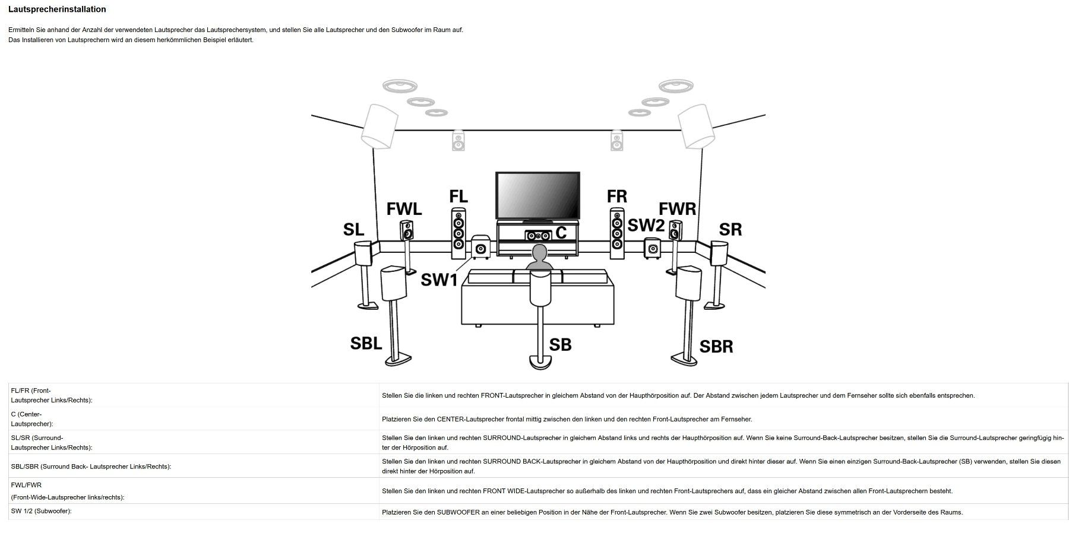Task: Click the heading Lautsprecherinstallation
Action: [x=57, y=9]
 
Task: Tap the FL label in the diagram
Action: [x=458, y=196]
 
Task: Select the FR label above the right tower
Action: [x=617, y=196]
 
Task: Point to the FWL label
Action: [x=404, y=209]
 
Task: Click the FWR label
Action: [x=678, y=209]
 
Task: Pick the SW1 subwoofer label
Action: [x=439, y=280]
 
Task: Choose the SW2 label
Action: [x=646, y=226]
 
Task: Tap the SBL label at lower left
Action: [x=366, y=343]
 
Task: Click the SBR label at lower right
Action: [x=716, y=347]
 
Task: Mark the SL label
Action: [x=353, y=230]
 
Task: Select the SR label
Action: [x=730, y=230]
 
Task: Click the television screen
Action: [x=538, y=195]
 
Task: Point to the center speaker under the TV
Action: [x=538, y=236]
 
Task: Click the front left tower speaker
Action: [x=458, y=233]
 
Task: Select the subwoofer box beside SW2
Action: [x=653, y=249]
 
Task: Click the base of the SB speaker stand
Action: [x=540, y=361]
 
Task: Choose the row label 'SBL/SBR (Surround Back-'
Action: [x=91, y=467]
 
